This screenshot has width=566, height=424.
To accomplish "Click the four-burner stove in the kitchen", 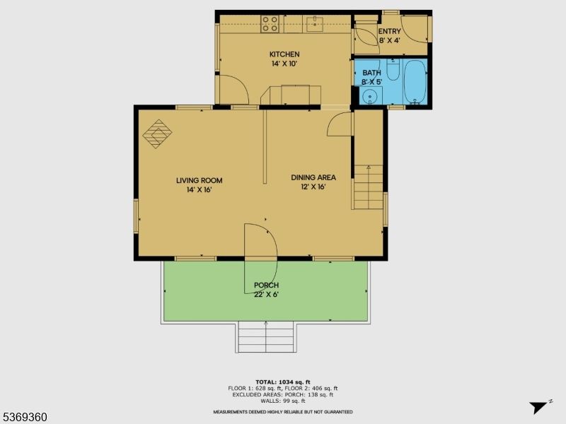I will [x=270, y=24].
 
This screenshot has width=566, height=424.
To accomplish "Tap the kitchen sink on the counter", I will [x=314, y=25].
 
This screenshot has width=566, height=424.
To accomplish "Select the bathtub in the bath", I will [x=415, y=82].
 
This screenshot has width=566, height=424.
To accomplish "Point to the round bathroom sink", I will [x=366, y=97].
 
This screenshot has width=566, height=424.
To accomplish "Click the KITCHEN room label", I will [x=284, y=54].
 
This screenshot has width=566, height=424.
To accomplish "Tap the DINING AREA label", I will [x=313, y=177].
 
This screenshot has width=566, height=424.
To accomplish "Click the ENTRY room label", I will [x=389, y=32].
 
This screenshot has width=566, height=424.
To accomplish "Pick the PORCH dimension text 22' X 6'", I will [x=266, y=295].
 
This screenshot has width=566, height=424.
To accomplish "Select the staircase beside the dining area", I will [x=369, y=187].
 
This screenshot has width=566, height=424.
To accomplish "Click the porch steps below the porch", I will [x=265, y=337].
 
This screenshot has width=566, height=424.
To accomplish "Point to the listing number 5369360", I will [x=25, y=417].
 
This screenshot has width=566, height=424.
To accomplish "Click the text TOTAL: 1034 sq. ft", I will [x=282, y=382].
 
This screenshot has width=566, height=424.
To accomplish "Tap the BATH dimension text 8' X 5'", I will [x=371, y=82].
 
